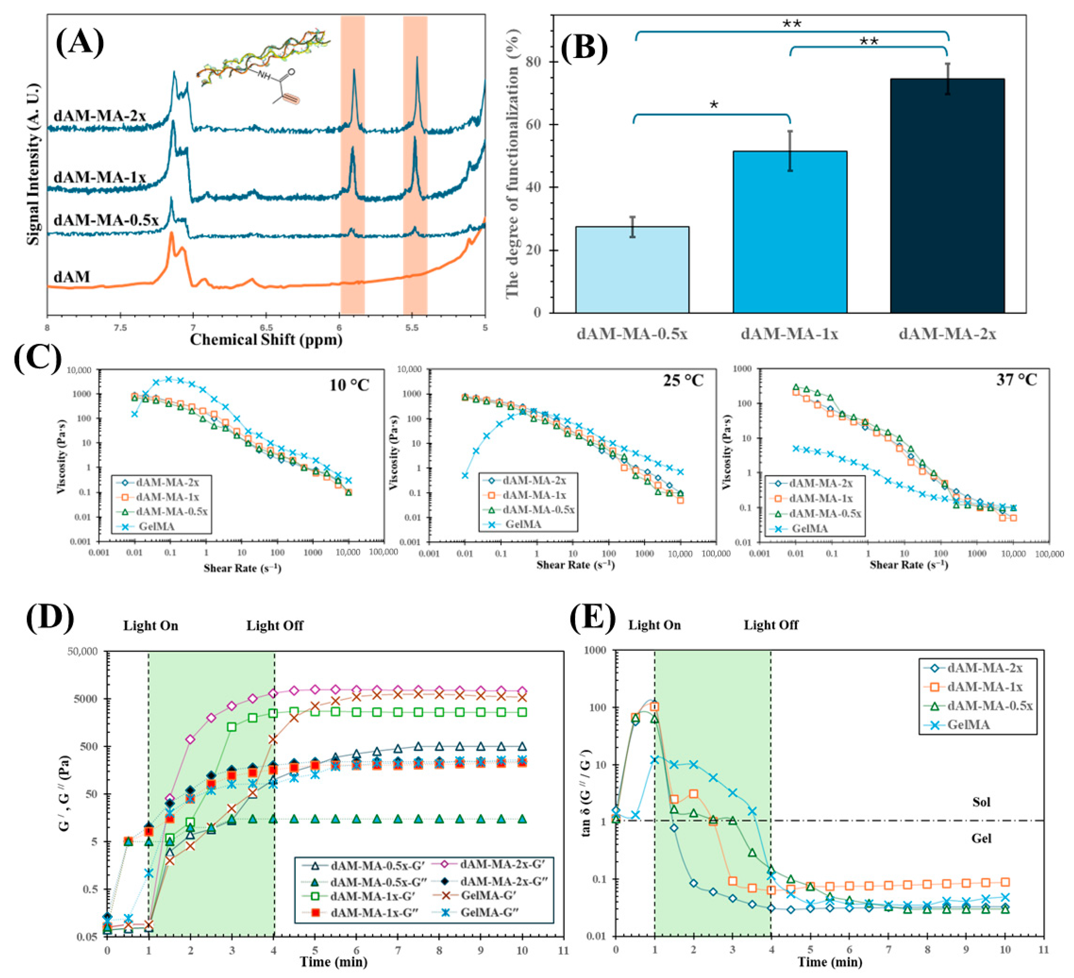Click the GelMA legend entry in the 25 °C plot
(523, 524)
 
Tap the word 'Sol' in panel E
(981, 802)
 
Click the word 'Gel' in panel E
(981, 838)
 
